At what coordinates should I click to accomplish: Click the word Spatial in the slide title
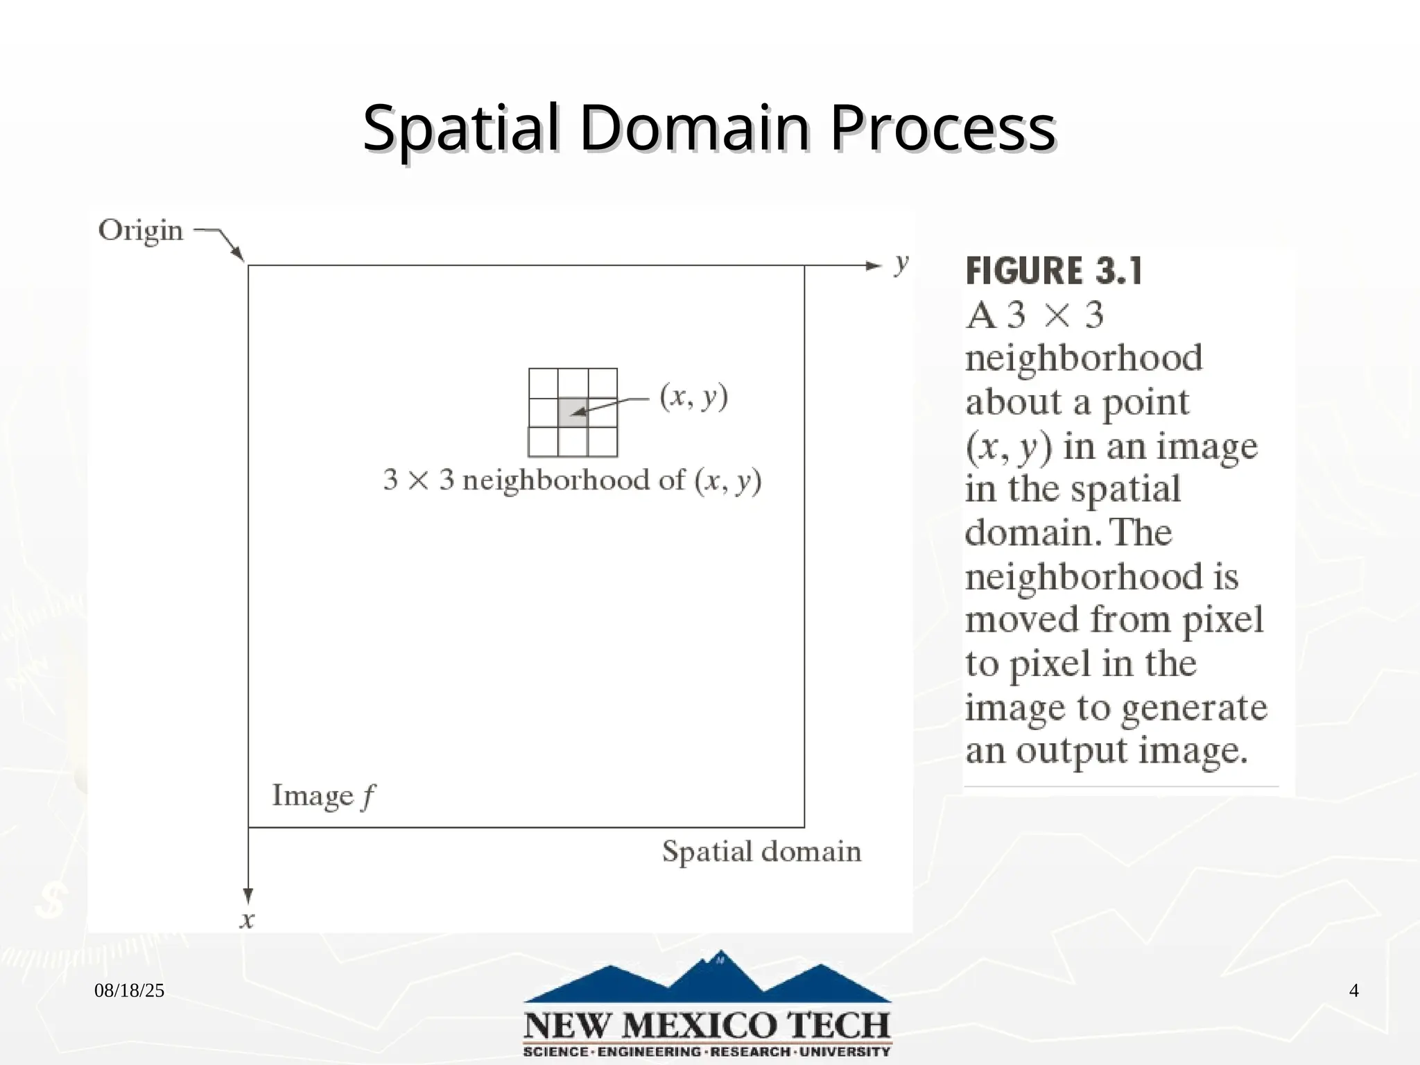[x=460, y=129]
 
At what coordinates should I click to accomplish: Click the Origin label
[x=141, y=230]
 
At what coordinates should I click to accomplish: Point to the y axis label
[x=901, y=263]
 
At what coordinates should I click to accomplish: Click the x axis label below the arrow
[x=247, y=920]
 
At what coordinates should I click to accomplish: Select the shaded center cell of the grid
[x=573, y=413]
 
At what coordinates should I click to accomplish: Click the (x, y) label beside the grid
[x=693, y=397]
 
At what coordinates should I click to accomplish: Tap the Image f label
[x=323, y=796]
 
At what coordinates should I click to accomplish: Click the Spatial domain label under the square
[x=761, y=851]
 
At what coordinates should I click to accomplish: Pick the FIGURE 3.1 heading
[x=1053, y=271]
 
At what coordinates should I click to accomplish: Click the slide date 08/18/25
[x=129, y=991]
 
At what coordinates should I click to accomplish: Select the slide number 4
[x=1353, y=991]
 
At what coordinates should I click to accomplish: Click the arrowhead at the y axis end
[x=873, y=266]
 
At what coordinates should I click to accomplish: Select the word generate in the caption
[x=1193, y=708]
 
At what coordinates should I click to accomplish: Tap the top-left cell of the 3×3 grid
[x=543, y=383]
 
